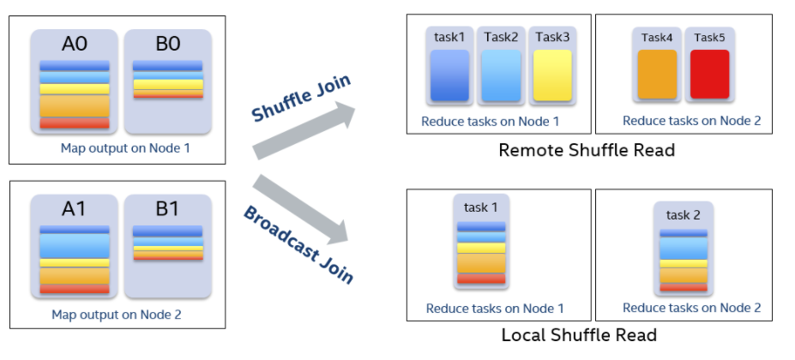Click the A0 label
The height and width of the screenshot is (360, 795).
pos(75,44)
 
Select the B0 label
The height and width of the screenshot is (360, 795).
pos(168,44)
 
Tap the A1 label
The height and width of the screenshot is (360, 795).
pos(74,209)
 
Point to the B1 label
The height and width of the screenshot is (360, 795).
pos(168,209)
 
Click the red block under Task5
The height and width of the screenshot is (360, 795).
pos(710,74)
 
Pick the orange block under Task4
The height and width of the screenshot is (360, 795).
pos(657,74)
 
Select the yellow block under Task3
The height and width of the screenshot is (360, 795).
pos(552,75)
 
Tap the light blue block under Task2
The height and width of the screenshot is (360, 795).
pos(501,75)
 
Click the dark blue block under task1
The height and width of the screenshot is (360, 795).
pos(449,75)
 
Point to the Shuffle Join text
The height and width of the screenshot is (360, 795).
pos(301,99)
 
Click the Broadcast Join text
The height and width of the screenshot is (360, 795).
pos(298,244)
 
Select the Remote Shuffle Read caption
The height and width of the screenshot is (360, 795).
pos(587,150)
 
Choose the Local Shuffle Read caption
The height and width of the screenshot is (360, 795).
pos(579,335)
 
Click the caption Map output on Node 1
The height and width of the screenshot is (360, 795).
pos(125,148)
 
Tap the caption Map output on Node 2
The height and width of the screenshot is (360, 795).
pos(117,315)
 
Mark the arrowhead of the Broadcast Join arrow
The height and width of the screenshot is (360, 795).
pos(338,231)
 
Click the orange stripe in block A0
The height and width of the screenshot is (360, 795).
pos(75,105)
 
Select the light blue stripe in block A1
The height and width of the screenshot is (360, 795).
pos(75,245)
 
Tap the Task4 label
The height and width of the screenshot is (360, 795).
pos(657,38)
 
